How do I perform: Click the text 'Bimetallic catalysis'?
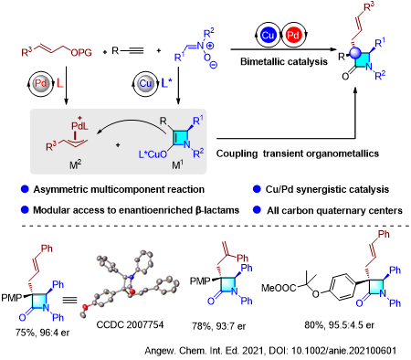tap(284, 62)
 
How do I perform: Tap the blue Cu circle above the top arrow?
tap(268, 36)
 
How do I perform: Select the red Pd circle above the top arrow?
tap(293, 36)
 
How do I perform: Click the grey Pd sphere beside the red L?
tap(41, 83)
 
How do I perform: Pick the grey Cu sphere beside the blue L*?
tap(145, 83)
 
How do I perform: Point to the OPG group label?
tap(81, 53)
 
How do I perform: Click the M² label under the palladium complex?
tap(75, 165)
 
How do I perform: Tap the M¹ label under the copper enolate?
tap(177, 165)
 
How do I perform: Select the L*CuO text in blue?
tap(153, 154)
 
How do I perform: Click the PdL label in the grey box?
tap(79, 126)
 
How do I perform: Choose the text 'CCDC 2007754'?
tap(130, 325)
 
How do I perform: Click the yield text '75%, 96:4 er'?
tap(42, 333)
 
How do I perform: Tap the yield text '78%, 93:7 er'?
tap(218, 326)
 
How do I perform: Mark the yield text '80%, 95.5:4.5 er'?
tap(339, 325)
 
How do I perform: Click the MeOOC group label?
tap(279, 288)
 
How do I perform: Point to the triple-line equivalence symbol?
tap(69, 301)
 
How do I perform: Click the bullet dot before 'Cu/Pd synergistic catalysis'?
tap(257, 189)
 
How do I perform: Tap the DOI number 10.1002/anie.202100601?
tap(344, 351)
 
